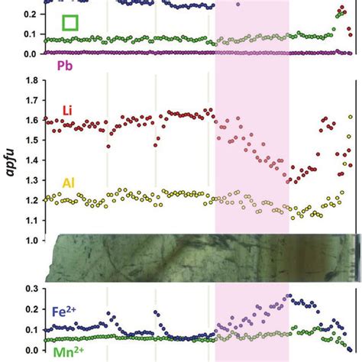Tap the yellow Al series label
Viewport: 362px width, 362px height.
pyautogui.click(x=69, y=184)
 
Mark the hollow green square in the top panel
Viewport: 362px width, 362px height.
pyautogui.click(x=70, y=23)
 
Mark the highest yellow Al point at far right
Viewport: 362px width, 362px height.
pyautogui.click(x=351, y=117)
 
